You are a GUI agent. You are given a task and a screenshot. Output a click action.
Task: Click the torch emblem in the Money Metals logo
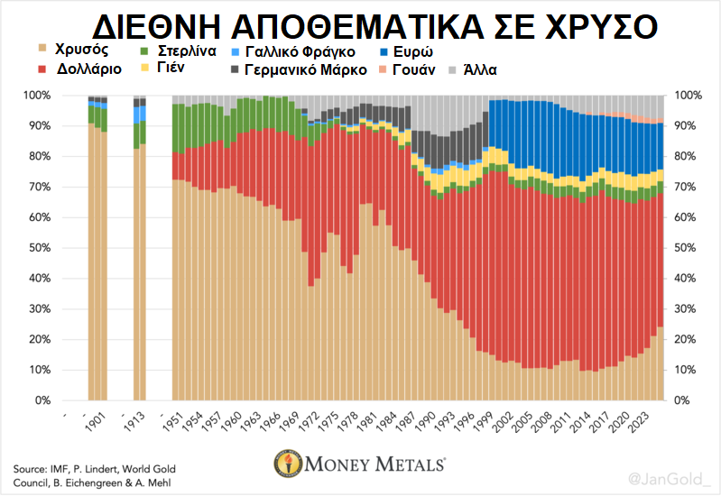coord(289,466)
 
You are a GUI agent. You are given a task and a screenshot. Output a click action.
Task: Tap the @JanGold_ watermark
coord(668,476)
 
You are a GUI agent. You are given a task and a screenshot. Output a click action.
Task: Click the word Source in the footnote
coord(32,469)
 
